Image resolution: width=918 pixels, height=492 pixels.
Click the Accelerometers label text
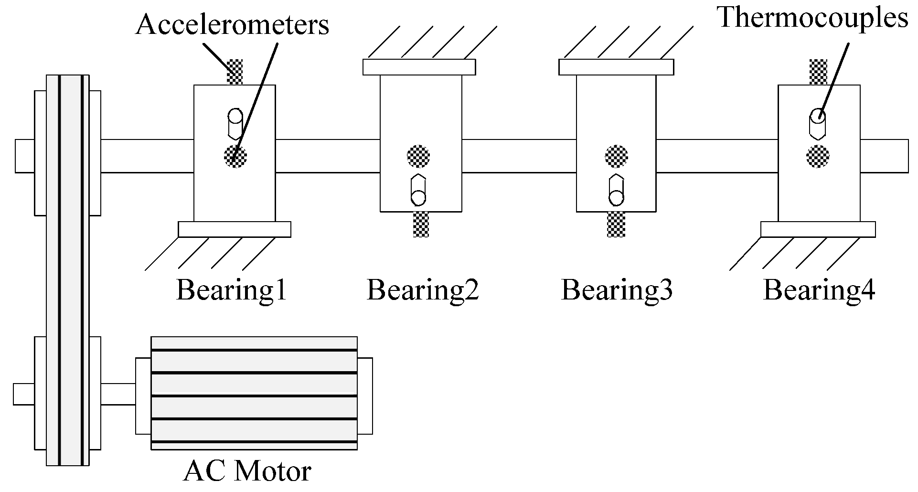pos(233,25)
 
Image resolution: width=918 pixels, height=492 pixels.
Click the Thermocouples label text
pos(812,18)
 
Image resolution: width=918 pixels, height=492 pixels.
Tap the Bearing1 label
pos(232,290)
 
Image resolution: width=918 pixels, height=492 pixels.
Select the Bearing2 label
pos(423,290)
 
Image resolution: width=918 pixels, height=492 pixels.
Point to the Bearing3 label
pos(617,290)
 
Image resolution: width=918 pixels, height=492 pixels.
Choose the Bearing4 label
pos(819,290)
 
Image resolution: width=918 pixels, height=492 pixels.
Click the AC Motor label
pos(247,471)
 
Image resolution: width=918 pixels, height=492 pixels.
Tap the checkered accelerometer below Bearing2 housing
pos(421,224)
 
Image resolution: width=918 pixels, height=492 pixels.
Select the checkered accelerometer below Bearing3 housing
pos(616,224)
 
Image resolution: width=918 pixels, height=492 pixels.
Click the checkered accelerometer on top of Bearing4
pos(818,72)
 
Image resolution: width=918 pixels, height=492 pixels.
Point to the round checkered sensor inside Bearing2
pos(418,156)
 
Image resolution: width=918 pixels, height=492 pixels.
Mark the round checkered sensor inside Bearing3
pos(616,156)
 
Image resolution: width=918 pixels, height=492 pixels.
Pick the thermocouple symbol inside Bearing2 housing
pos(418,190)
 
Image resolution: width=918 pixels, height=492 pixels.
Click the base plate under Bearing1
pos(235,229)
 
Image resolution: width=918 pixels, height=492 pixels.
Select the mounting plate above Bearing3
pos(616,67)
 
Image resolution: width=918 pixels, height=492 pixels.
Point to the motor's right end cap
pos(365,396)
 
